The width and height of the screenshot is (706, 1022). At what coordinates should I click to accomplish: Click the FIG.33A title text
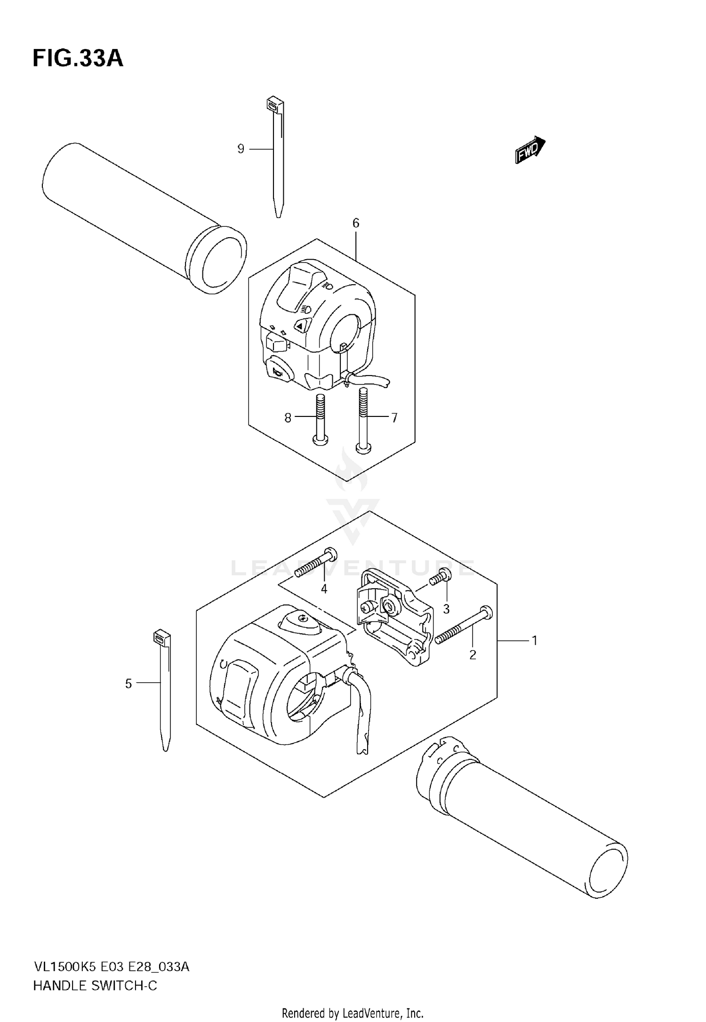[78, 59]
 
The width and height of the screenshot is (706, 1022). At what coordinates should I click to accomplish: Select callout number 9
[241, 149]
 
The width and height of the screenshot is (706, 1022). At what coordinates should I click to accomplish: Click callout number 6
[356, 223]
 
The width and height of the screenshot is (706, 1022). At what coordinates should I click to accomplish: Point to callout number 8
[288, 418]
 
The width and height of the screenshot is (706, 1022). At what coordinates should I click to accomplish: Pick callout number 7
[394, 418]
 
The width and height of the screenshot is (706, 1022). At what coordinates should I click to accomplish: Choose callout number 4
[324, 589]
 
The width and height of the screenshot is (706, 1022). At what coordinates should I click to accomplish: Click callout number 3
[446, 609]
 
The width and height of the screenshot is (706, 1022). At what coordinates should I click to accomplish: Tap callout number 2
[473, 655]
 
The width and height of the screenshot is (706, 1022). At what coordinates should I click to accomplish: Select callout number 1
[534, 640]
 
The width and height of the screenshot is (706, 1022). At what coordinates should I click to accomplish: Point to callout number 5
[128, 684]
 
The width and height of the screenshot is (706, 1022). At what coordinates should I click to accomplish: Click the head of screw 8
[321, 440]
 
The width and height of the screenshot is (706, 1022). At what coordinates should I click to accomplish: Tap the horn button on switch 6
[278, 372]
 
